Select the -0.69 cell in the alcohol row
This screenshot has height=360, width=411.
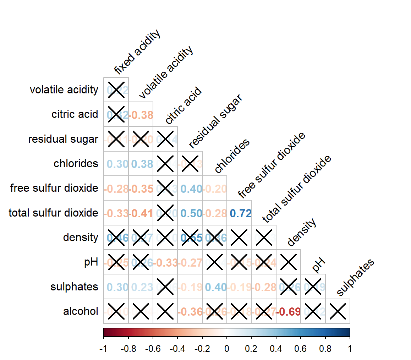[289, 312]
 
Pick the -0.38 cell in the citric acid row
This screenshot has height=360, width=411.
[141, 115]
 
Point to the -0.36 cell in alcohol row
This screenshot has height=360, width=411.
[190, 312]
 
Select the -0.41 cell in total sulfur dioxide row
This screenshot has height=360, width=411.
[141, 213]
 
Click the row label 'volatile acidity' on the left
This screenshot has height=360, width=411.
[64, 90]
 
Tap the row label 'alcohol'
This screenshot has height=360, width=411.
[81, 311]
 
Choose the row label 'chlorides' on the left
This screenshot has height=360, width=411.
[76, 164]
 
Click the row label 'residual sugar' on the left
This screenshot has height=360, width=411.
[63, 139]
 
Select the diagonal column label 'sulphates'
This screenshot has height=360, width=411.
[355, 278]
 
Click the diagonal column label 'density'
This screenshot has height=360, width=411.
[301, 233]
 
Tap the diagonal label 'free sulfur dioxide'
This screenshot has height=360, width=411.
[272, 166]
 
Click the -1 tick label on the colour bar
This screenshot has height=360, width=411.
[104, 349]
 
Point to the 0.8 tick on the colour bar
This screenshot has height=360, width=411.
[325, 349]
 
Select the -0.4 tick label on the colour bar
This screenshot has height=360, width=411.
[177, 349]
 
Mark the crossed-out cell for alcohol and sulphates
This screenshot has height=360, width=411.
[338, 312]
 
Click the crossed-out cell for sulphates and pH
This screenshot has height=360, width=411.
[313, 287]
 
